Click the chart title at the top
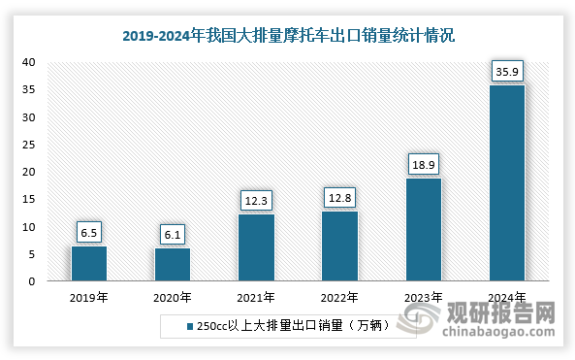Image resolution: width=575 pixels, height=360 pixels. click(x=287, y=36)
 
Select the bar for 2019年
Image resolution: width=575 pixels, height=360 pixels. click(x=89, y=264)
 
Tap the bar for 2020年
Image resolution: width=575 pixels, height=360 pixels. click(x=173, y=265)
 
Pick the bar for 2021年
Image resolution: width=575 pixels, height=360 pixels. click(x=256, y=248)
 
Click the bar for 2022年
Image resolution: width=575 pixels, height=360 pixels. click(x=339, y=246)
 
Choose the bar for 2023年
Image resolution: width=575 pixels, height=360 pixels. click(x=423, y=230)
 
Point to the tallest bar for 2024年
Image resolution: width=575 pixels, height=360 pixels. click(x=506, y=183)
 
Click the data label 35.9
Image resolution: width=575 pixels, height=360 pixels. click(x=506, y=70)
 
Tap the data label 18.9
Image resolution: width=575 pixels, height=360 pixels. click(x=423, y=163)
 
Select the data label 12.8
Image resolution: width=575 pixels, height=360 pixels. click(x=339, y=197)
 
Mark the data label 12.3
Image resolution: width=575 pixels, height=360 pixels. click(x=256, y=200)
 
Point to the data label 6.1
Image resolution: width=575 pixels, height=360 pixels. click(x=173, y=234)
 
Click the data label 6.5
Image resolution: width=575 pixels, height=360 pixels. click(x=89, y=232)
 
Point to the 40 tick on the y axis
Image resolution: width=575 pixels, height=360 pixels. click(x=29, y=62)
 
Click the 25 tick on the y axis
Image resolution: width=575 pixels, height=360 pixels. click(x=29, y=145)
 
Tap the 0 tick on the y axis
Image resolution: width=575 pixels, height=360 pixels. click(x=32, y=282)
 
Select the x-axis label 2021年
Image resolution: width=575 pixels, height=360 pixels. click(x=256, y=297)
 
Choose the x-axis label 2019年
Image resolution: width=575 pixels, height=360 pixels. click(x=89, y=297)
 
